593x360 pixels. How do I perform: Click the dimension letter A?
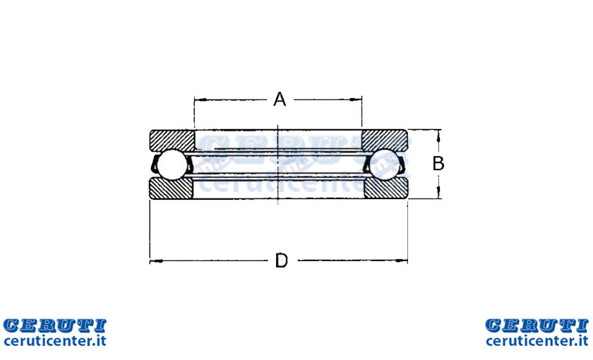point(280,100)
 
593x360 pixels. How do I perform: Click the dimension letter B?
point(438,164)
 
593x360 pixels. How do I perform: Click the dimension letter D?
point(282,260)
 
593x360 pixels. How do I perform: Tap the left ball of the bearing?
point(172,164)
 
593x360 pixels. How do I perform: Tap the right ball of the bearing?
point(385,164)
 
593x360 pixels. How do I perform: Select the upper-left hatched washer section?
point(172,140)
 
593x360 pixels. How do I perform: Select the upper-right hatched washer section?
point(385,140)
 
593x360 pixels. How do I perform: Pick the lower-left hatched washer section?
point(171,188)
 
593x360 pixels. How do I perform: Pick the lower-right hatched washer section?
point(386,188)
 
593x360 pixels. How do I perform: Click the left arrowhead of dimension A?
point(200,100)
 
